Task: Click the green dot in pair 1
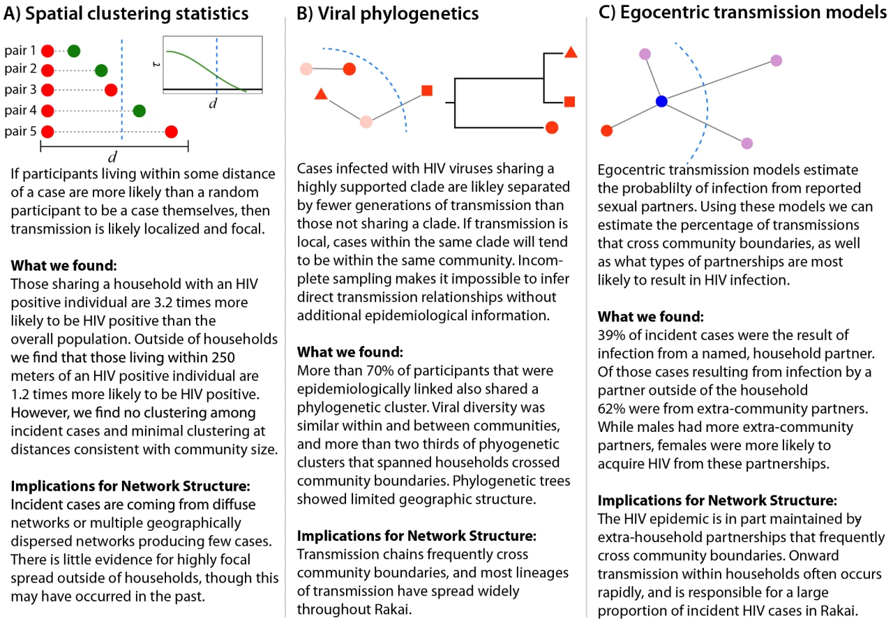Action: point(74,51)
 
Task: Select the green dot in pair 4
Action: point(139,111)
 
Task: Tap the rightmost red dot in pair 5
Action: point(172,132)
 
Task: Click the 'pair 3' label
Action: point(20,89)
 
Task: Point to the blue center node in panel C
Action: point(661,101)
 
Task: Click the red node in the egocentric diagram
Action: point(606,130)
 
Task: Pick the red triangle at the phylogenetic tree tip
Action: point(571,52)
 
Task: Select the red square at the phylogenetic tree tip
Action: point(570,102)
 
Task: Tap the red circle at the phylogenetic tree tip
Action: point(552,128)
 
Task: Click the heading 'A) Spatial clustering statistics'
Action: point(126,13)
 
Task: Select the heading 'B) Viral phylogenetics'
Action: point(387,13)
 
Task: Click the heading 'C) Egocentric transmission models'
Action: point(742,13)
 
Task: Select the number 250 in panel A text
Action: point(223,357)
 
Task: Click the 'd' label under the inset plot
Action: point(213,103)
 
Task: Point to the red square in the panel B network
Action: point(427,91)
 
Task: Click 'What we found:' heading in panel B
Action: point(350,352)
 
